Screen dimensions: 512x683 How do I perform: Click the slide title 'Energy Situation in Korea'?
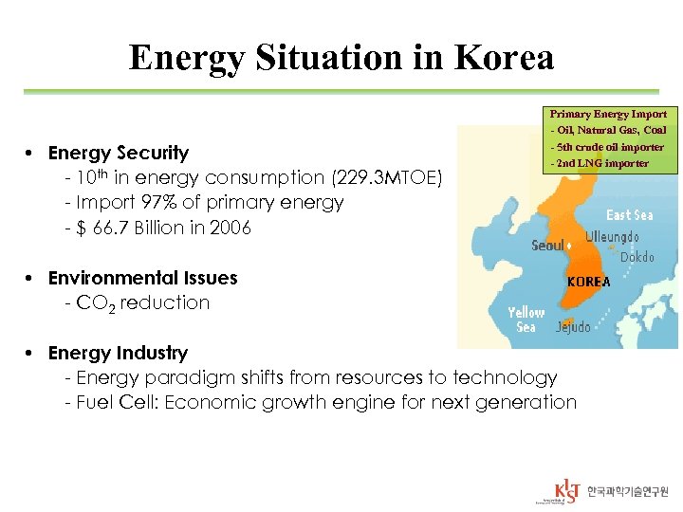(x=341, y=59)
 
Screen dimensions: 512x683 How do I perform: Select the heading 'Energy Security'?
(x=118, y=153)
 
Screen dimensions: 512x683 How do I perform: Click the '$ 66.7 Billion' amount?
(x=132, y=227)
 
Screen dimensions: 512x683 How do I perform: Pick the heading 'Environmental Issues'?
(x=142, y=278)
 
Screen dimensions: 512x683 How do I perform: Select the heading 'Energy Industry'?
(x=118, y=353)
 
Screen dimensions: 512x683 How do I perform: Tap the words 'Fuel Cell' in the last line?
(x=117, y=402)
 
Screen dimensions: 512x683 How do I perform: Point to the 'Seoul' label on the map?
(x=547, y=246)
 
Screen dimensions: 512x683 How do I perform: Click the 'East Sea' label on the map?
(x=629, y=215)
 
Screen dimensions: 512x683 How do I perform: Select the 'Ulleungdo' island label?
(x=611, y=236)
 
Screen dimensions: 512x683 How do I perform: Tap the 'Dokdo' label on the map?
(x=637, y=257)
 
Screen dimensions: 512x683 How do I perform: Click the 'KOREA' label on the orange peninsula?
(x=588, y=282)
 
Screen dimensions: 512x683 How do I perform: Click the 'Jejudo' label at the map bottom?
(x=573, y=327)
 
